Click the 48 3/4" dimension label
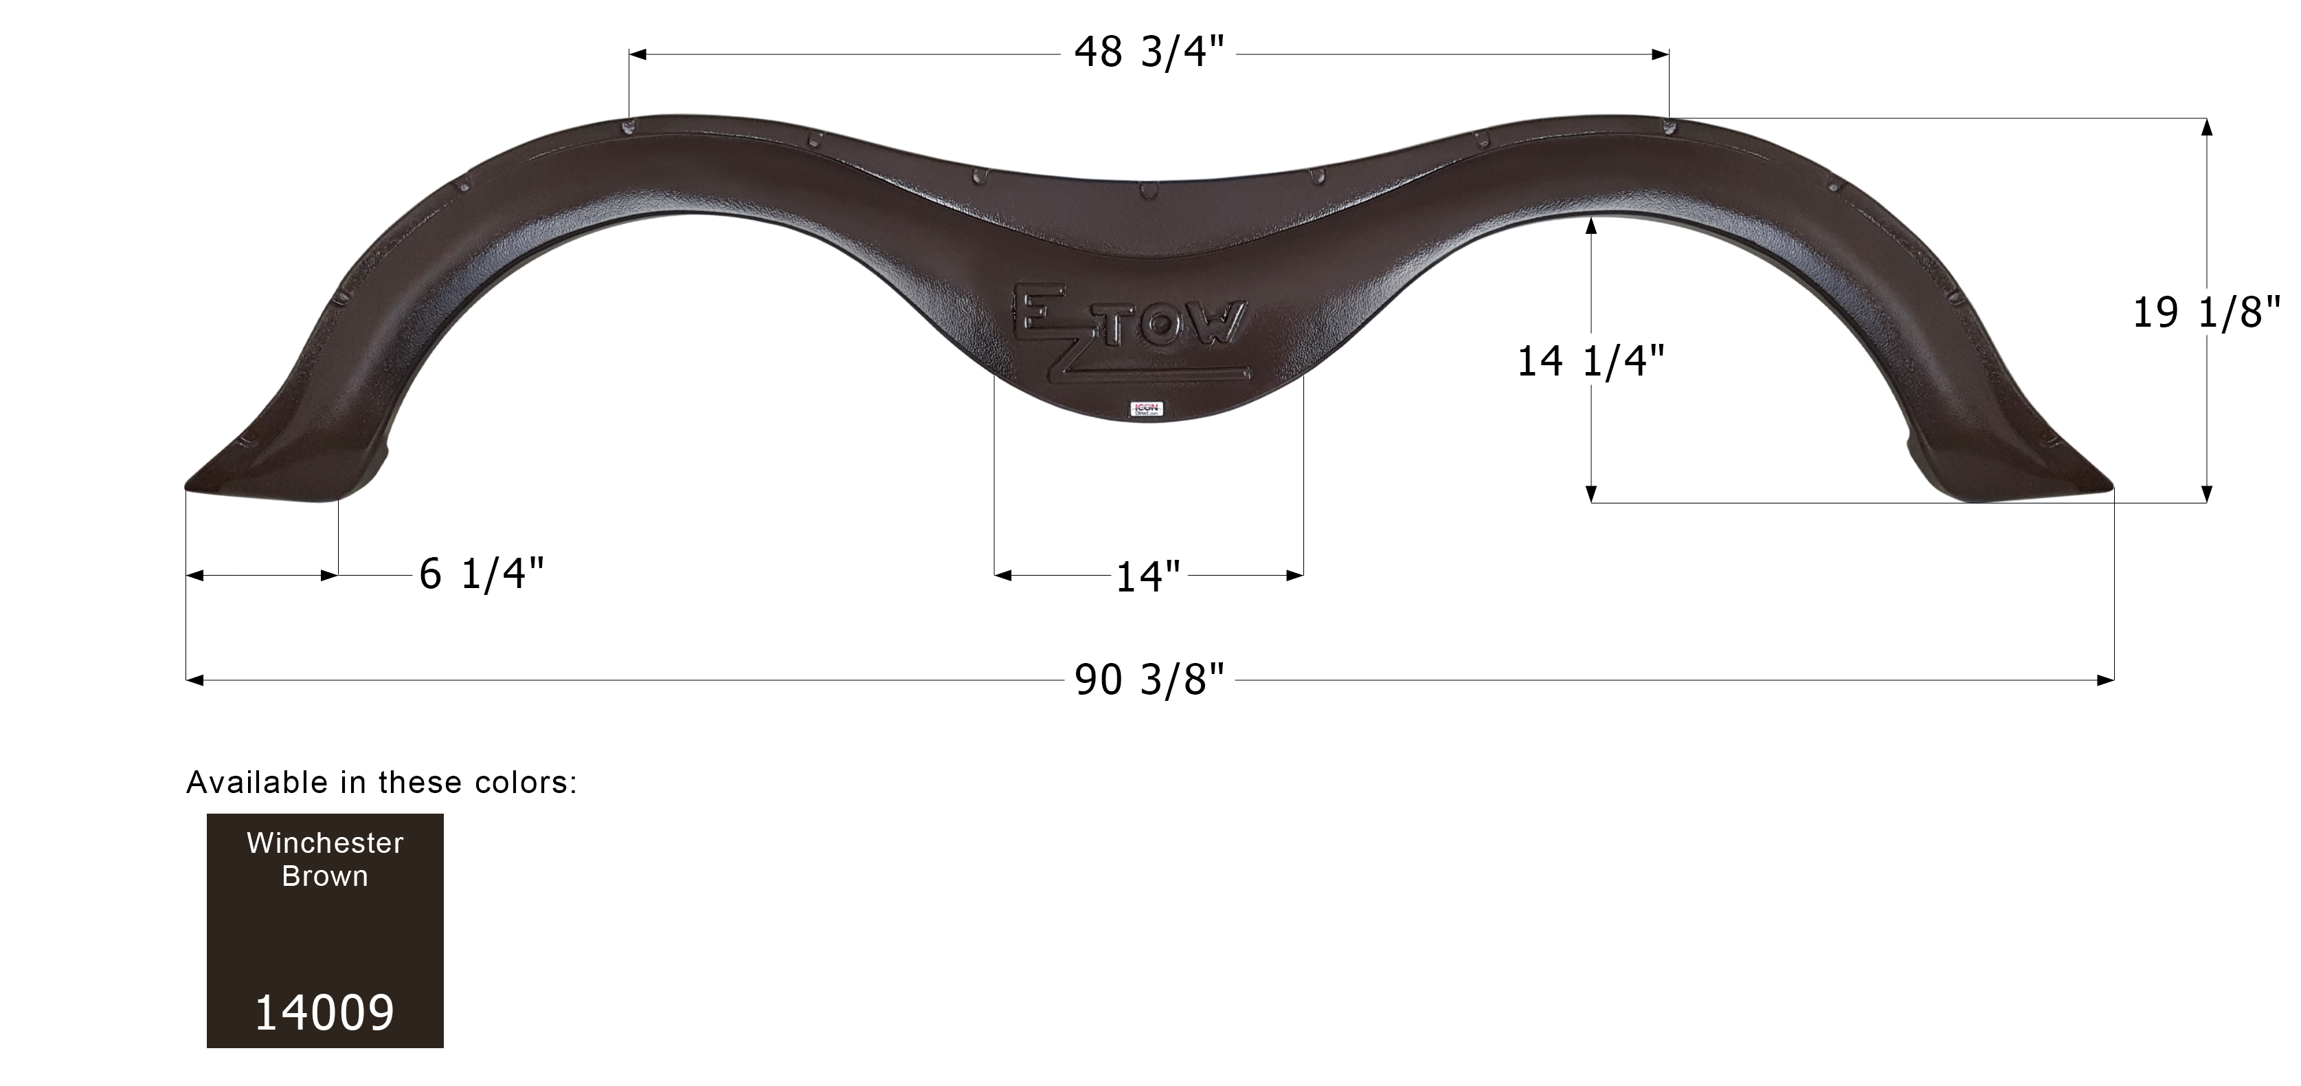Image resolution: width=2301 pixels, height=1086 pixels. point(1149,53)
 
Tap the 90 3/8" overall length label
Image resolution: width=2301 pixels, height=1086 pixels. point(1149,680)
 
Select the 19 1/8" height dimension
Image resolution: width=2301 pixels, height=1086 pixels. point(2205,313)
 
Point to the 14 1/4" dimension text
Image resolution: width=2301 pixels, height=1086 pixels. point(1590,361)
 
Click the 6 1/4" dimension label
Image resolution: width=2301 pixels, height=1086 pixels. point(482,574)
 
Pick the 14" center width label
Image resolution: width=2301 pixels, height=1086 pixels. point(1149,576)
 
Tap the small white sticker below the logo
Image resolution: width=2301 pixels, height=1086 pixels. point(1146,409)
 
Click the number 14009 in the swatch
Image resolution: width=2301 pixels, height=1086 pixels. point(325,1012)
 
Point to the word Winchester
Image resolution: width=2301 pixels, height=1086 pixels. point(325,843)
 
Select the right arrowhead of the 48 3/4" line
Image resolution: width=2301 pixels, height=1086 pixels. point(1661,54)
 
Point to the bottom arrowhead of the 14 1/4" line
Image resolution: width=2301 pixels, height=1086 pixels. point(1591,495)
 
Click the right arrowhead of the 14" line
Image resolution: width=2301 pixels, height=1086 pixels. point(1295,576)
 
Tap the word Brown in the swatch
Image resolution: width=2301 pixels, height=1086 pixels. point(325,877)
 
